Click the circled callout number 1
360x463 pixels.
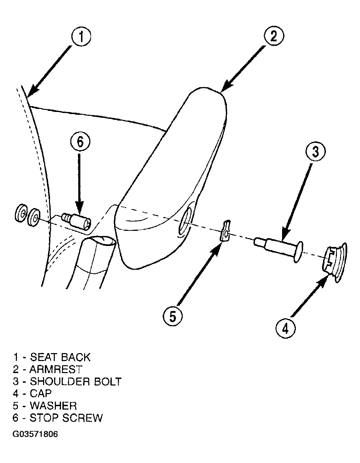(81, 37)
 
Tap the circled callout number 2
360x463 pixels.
(274, 37)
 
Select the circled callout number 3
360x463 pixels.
(316, 152)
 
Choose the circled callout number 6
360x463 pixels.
(80, 142)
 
